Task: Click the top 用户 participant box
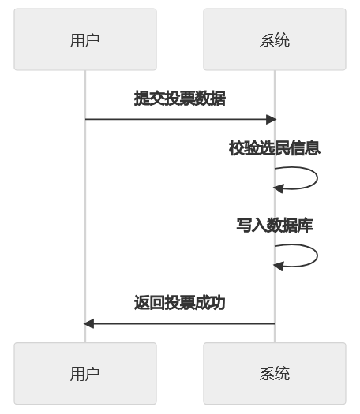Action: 85,40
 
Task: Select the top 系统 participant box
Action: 274,40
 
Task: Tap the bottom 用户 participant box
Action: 85,374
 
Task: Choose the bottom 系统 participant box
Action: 274,374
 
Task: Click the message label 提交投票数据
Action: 179,99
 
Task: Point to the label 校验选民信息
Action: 274,148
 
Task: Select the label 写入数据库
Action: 274,225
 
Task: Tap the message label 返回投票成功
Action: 179,303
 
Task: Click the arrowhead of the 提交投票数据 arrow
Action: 271,119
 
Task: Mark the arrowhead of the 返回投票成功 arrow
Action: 89,323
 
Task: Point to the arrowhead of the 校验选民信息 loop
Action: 278,188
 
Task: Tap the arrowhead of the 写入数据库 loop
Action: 278,266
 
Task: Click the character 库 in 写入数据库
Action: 306,225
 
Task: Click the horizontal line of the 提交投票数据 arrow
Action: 179,119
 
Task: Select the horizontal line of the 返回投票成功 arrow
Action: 179,323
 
